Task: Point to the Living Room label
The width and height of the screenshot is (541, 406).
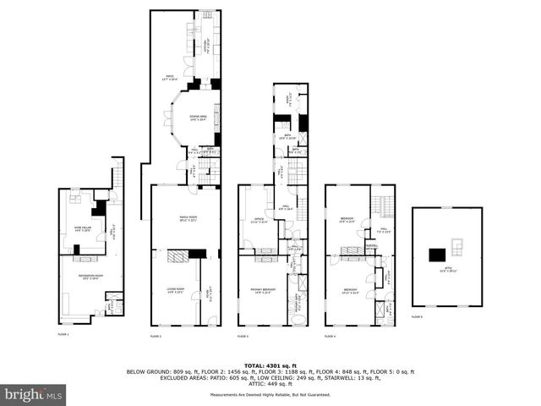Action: (176, 291)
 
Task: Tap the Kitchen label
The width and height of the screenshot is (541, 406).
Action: (207, 49)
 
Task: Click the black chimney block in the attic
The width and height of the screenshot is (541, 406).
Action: (438, 254)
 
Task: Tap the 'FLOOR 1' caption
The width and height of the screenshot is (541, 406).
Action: (63, 335)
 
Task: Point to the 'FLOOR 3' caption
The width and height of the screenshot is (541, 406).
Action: (243, 336)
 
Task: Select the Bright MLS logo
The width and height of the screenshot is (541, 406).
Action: (34, 394)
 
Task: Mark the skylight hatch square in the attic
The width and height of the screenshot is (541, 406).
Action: (458, 246)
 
